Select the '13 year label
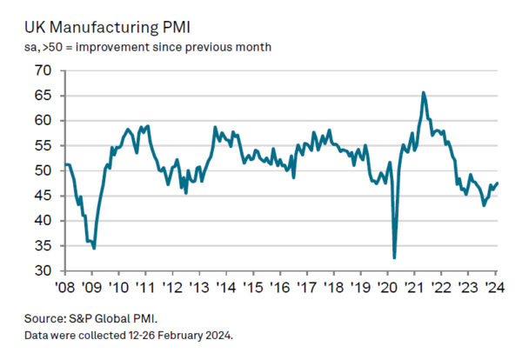[x=199, y=288]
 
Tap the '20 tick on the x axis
[x=388, y=288]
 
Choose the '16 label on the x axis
[x=280, y=288]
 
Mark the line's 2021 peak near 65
[x=423, y=92]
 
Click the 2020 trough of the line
[x=394, y=257]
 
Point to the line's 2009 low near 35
[x=94, y=248]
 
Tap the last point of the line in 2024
[x=498, y=183]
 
